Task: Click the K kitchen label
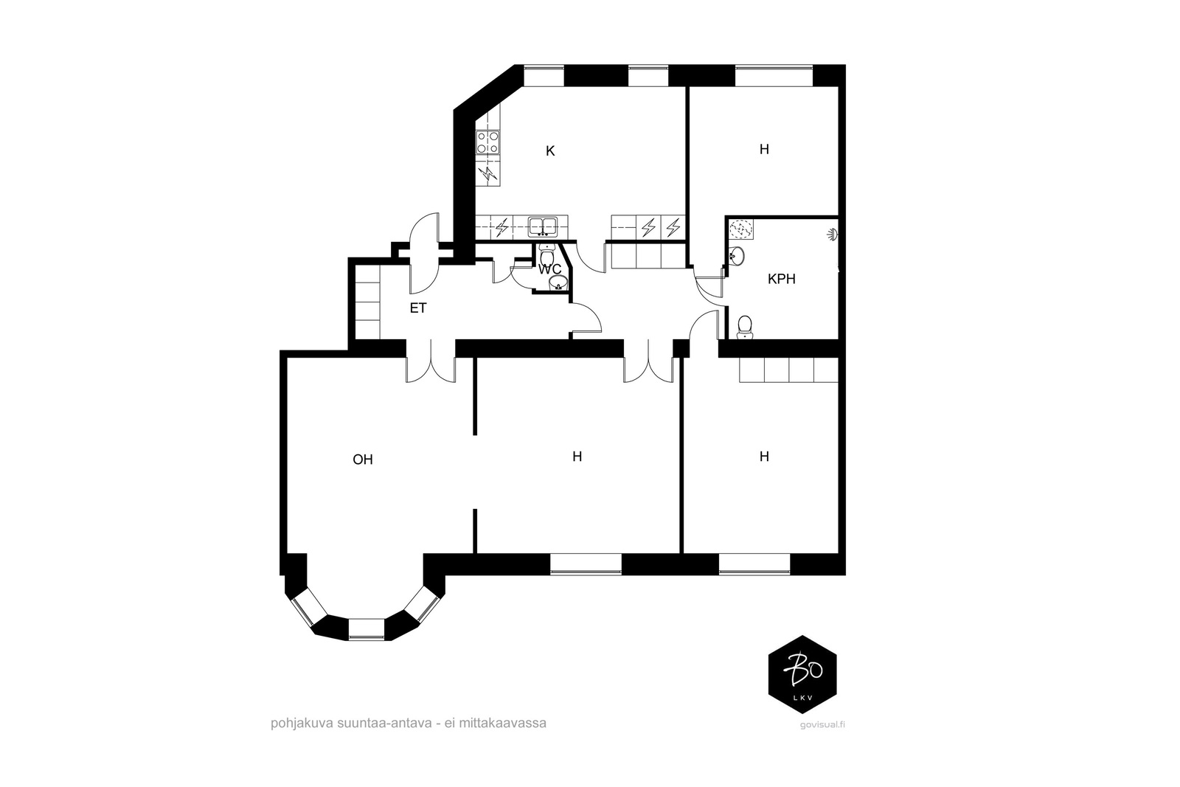pos(550,151)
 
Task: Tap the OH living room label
pos(362,460)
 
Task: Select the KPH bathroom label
pos(781,280)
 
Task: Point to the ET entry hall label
pos(418,308)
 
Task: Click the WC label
pos(549,270)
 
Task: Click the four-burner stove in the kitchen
pos(487,142)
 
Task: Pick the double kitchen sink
pos(543,226)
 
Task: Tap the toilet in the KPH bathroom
pos(744,327)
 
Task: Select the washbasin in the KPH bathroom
pos(737,257)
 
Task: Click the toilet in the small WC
pos(546,256)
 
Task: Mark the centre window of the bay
pos(367,629)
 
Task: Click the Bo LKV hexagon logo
pos(802,674)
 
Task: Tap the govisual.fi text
pos(822,725)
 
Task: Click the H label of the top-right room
pos(764,150)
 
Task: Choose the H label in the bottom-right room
pos(764,456)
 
